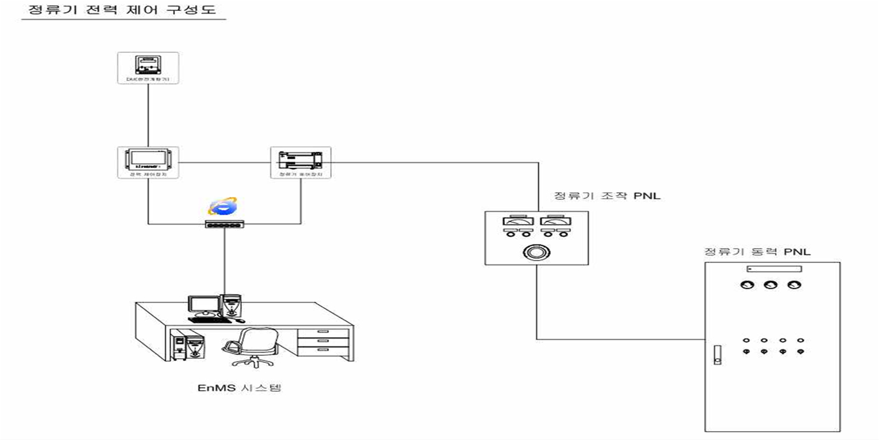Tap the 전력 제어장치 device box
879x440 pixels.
pos(148,162)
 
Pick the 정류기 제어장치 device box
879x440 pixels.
pos(301,162)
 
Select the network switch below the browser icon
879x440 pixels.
pos(225,224)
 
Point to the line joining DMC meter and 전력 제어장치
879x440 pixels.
pos(148,115)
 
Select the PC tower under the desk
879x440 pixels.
pos(190,348)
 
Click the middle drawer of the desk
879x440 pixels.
pos(324,340)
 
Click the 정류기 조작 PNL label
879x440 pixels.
pos(606,195)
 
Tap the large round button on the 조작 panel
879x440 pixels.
pos(535,253)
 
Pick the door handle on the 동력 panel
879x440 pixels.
pos(717,354)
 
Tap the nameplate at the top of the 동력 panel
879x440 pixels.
pos(772,269)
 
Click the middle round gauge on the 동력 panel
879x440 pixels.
pos(769,285)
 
